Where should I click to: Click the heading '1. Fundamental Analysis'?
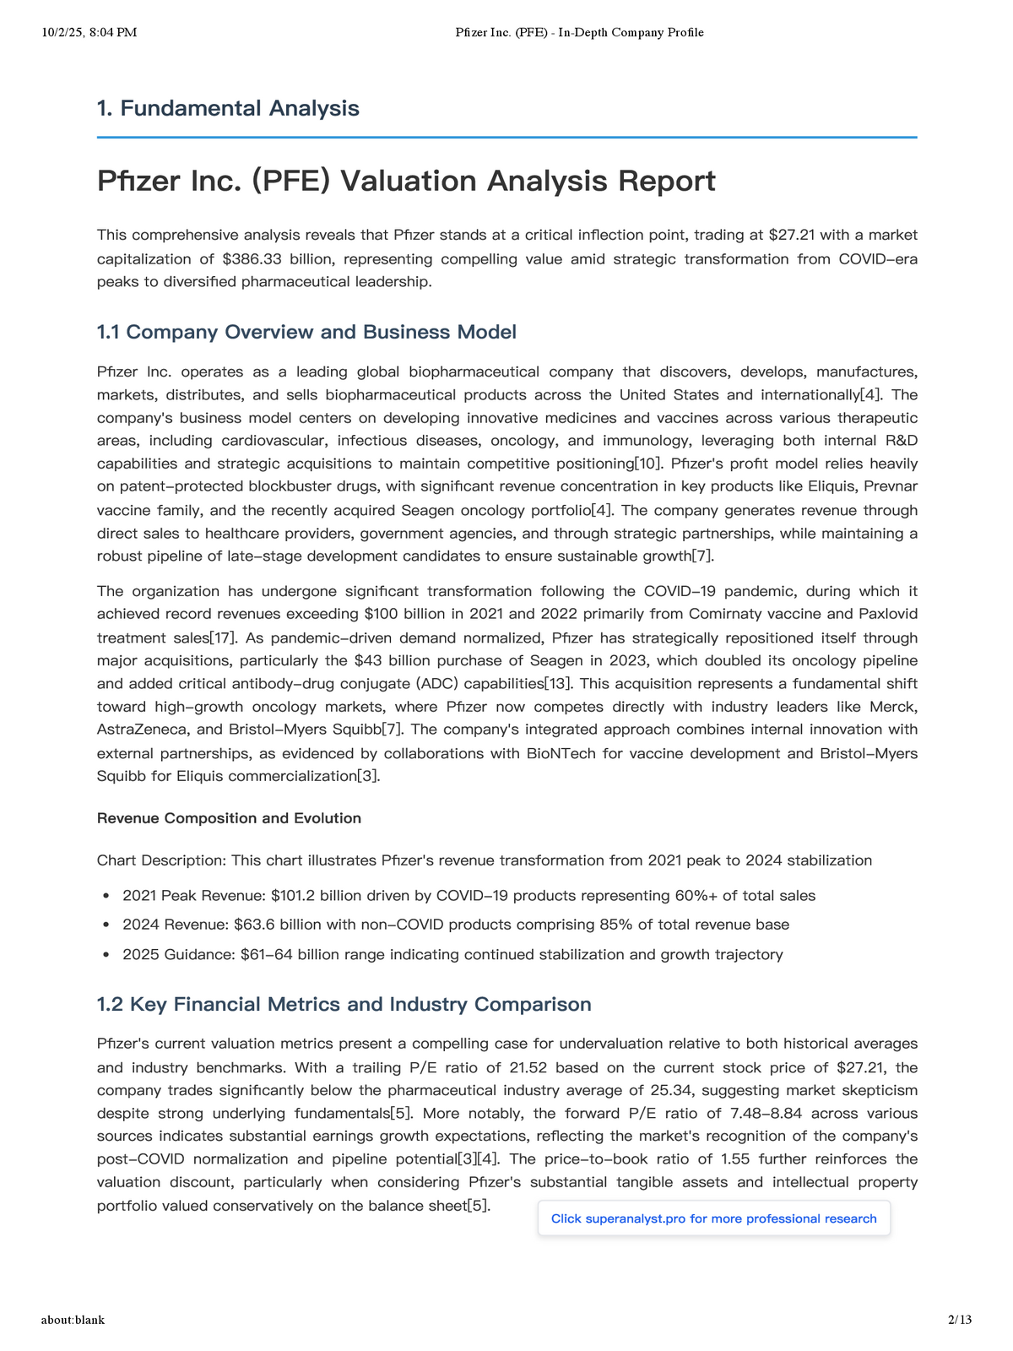pos(228,108)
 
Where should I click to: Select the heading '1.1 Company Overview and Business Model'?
pos(306,332)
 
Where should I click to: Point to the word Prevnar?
pos(886,486)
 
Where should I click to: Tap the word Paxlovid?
pos(888,614)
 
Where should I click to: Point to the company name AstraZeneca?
pos(139,730)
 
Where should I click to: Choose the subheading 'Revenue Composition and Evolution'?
pos(229,818)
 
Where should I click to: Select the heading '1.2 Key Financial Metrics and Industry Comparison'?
pos(344,1005)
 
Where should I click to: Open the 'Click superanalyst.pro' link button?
pos(713,1218)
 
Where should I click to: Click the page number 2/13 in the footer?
pos(960,1320)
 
